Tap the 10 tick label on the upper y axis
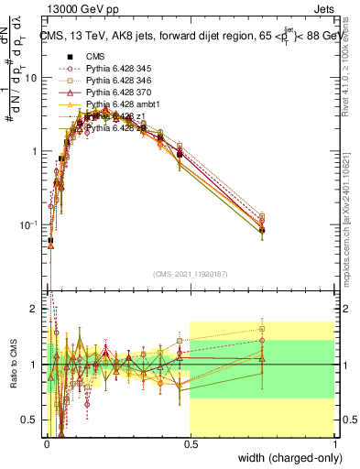click(33, 78)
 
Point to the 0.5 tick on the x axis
click(190, 445)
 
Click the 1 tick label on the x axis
click(335, 445)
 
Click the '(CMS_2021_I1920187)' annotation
click(191, 273)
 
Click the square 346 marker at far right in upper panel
click(262, 217)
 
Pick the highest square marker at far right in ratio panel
click(262, 329)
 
